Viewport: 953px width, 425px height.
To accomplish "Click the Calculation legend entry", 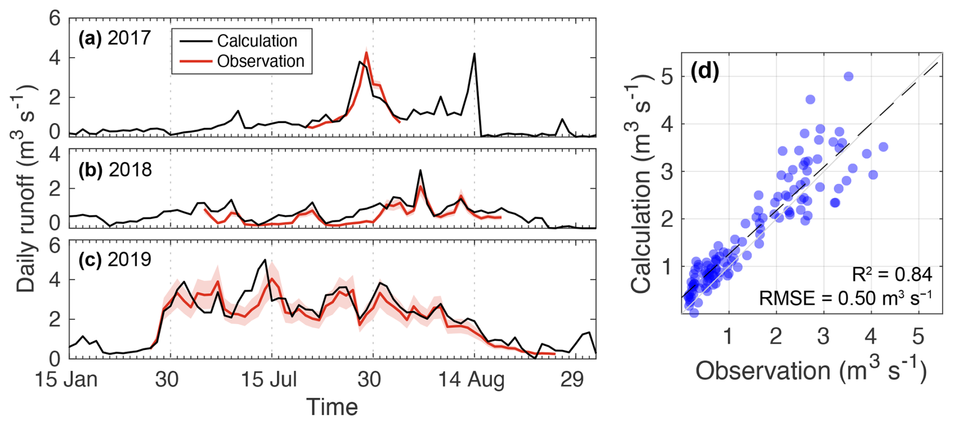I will click(x=256, y=41).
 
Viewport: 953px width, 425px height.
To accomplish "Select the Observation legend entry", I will click(x=260, y=62).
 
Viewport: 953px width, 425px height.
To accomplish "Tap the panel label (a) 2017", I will click(x=115, y=38).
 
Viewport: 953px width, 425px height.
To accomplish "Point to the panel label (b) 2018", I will click(x=115, y=170).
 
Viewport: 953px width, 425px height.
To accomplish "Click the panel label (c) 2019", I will click(x=115, y=259).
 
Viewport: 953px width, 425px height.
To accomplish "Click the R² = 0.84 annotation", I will click(x=892, y=275).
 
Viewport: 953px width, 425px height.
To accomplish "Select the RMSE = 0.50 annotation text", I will click(x=845, y=298).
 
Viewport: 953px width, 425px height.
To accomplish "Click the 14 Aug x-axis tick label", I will click(x=471, y=380).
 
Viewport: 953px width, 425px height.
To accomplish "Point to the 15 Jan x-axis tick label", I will click(x=66, y=380).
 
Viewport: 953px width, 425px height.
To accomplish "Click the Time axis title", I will click(x=332, y=407).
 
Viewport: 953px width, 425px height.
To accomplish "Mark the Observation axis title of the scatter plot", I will click(x=811, y=371).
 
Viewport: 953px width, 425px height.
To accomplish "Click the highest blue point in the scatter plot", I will click(x=848, y=76).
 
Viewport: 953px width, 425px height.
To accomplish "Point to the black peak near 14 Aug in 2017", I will click(x=474, y=54).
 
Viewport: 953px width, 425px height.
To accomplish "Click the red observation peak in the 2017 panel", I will click(x=366, y=52).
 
